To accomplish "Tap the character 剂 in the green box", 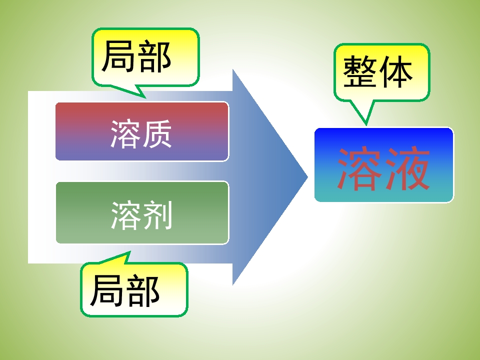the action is [157, 215].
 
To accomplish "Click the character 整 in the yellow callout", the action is [360, 71].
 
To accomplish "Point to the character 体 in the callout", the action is [395, 71].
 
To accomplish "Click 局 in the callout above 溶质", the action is [118, 56].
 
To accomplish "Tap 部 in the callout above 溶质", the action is [153, 56].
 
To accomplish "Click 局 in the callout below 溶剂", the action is [107, 291].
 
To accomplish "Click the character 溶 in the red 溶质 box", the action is [125, 134].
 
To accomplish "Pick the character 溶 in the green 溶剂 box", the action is [126, 215].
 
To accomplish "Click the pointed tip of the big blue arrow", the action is [307, 177].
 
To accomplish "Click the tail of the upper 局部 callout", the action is [145, 98].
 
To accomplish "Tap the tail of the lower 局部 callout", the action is [130, 252].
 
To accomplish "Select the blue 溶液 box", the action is [384, 165].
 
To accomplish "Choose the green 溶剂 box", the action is [142, 213].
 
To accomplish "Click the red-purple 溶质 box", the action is [142, 131].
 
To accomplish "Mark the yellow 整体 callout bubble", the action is [381, 72].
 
